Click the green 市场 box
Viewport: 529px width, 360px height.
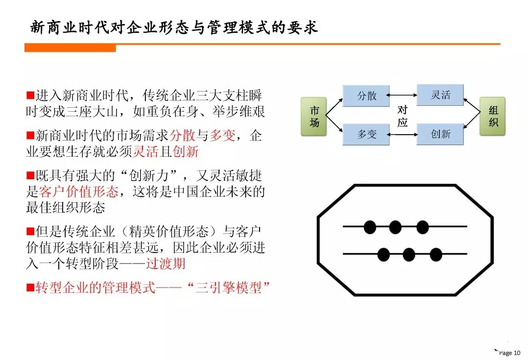pyautogui.click(x=314, y=117)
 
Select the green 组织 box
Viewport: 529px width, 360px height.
pyautogui.click(x=493, y=117)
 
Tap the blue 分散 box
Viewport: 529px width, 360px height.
pyautogui.click(x=366, y=96)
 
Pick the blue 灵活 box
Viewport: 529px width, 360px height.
pyautogui.click(x=440, y=95)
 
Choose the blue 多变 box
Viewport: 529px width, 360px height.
pyautogui.click(x=366, y=134)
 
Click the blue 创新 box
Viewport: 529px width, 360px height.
pyautogui.click(x=440, y=134)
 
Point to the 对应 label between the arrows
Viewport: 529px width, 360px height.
pyautogui.click(x=403, y=116)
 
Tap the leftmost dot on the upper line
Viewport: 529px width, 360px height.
pyautogui.click(x=370, y=227)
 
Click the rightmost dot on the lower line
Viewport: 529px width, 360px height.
pyautogui.click(x=436, y=255)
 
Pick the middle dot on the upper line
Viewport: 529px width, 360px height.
pyautogui.click(x=395, y=227)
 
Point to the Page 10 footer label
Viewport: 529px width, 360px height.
pyautogui.click(x=509, y=353)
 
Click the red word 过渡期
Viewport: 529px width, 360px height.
pyautogui.click(x=166, y=264)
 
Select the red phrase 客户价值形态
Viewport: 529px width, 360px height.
pyautogui.click(x=78, y=192)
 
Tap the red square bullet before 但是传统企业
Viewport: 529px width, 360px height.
pyautogui.click(x=30, y=231)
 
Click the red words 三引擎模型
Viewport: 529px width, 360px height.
pyautogui.click(x=228, y=288)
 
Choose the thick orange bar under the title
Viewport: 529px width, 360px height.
pyautogui.click(x=70, y=48)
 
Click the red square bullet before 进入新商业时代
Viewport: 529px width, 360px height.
pyautogui.click(x=30, y=95)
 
